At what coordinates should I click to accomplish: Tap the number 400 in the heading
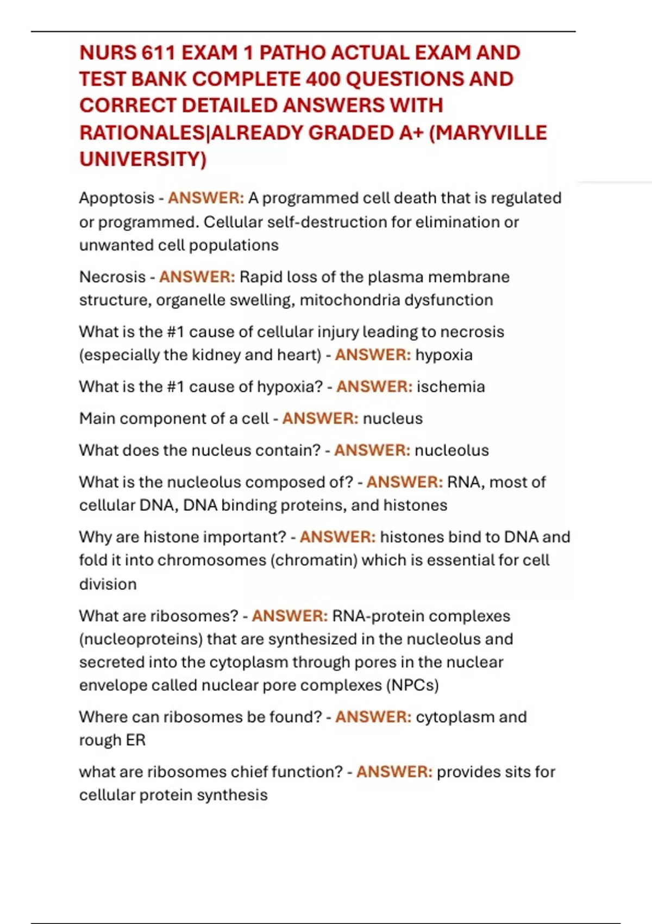(x=323, y=79)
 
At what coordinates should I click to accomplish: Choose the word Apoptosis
(x=117, y=198)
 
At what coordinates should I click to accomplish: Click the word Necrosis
(x=112, y=277)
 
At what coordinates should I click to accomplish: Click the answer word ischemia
(x=450, y=387)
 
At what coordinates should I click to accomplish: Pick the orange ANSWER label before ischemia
(x=374, y=387)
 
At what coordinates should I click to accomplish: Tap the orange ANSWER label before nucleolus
(x=372, y=451)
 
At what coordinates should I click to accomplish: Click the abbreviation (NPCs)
(x=412, y=685)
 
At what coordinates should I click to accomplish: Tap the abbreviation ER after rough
(x=136, y=740)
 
